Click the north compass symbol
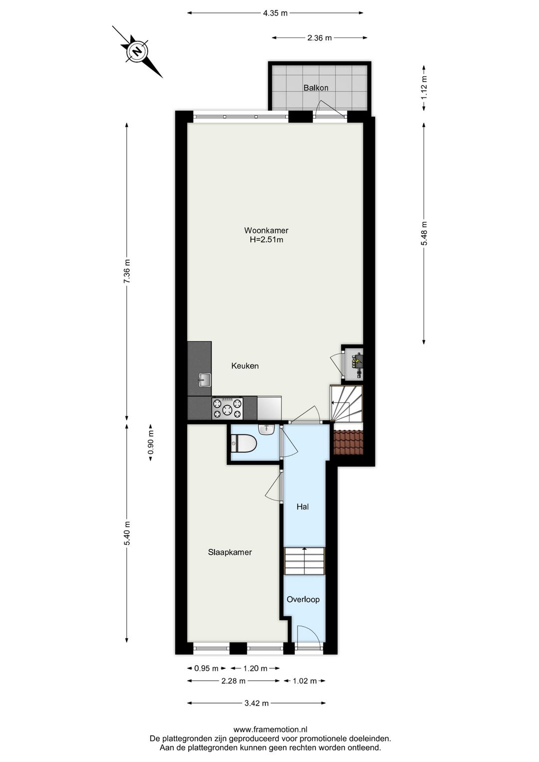click(x=137, y=51)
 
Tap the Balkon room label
click(x=316, y=88)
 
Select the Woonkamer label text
click(x=266, y=230)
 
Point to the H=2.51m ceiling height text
click(x=266, y=240)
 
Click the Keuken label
click(x=245, y=366)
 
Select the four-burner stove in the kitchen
click(x=227, y=407)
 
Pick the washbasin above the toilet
click(x=267, y=429)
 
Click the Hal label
click(x=302, y=507)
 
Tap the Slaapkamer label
click(x=230, y=552)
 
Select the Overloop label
click(x=303, y=599)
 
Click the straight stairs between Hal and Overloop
click(x=304, y=561)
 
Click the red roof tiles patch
click(x=349, y=443)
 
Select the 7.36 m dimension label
click(x=127, y=272)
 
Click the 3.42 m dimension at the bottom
click(x=257, y=703)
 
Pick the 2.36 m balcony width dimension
click(x=319, y=37)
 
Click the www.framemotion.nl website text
click(x=270, y=730)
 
